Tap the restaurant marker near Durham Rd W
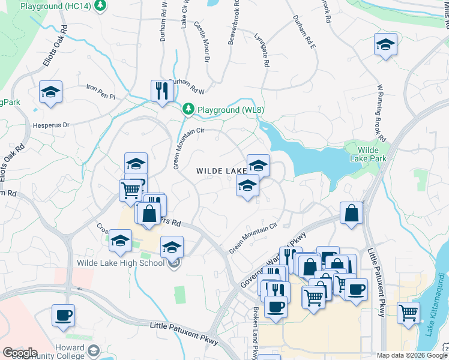pos(161,91)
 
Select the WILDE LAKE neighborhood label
pos(221,172)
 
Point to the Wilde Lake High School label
pos(121,263)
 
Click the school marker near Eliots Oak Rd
pos(51,92)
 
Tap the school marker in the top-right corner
pos(385,44)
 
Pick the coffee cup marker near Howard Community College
pos(63,315)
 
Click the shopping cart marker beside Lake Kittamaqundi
pos(408,313)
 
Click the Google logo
pos(20,352)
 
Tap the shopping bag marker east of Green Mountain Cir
pos(352,213)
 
